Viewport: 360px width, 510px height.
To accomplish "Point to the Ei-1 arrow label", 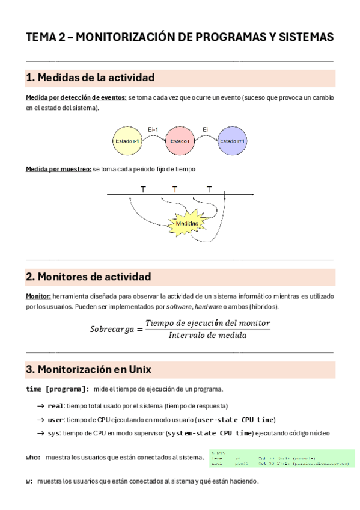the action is point(153,129).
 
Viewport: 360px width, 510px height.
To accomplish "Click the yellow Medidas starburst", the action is point(187,224).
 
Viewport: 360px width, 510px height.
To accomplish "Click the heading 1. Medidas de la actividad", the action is point(90,78).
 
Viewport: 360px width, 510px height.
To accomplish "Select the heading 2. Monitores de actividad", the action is point(88,277).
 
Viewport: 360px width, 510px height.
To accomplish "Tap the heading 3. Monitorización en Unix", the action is point(88,369).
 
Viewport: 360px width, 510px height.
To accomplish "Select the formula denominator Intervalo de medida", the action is point(208,336).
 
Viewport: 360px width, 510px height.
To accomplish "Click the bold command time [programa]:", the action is point(58,389).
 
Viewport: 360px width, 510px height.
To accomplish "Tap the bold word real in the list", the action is point(55,406).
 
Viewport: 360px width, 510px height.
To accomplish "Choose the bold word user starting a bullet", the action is point(55,420).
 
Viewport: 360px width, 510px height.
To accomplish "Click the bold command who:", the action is point(34,458).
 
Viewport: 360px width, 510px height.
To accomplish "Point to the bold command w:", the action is point(29,482).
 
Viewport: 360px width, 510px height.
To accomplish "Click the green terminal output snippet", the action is point(282,458).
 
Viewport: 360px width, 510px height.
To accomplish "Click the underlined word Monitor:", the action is point(38,296).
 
